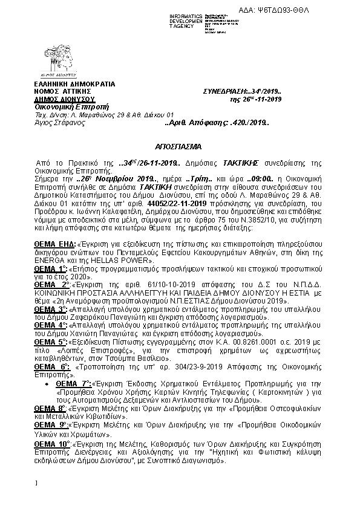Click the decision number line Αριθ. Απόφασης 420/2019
click(217, 123)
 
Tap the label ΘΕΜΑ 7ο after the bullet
click(73, 384)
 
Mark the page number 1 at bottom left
click(36, 483)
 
